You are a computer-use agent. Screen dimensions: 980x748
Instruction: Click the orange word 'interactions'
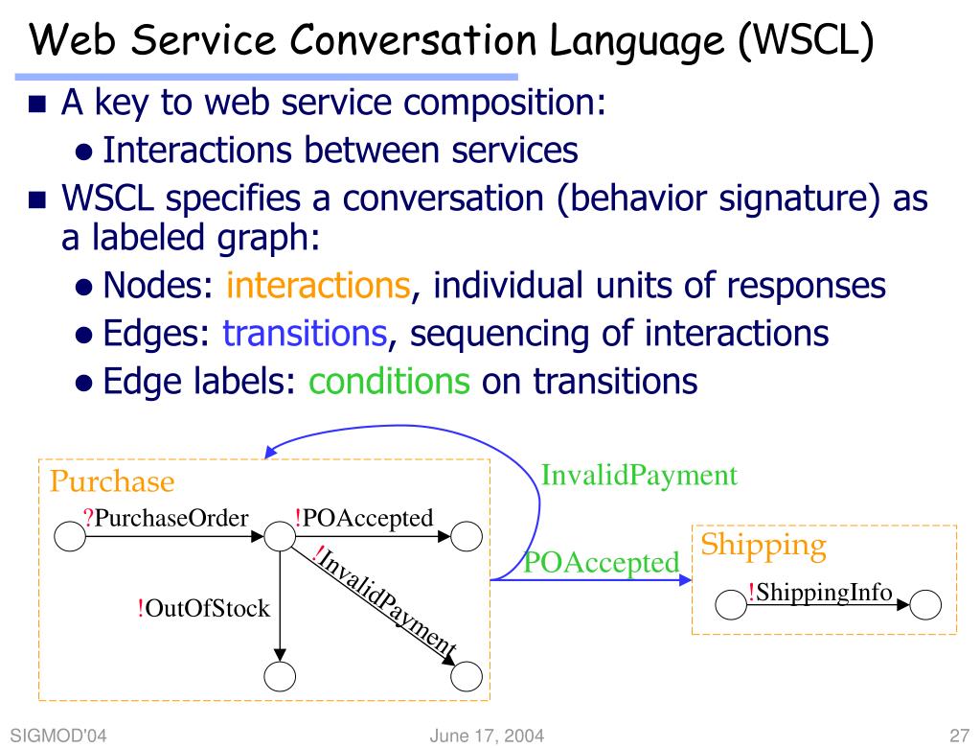coord(318,285)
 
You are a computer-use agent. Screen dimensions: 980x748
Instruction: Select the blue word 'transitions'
coord(305,333)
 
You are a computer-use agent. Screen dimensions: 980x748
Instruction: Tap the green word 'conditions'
coord(389,381)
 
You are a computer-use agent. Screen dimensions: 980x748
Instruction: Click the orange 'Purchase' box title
coord(112,481)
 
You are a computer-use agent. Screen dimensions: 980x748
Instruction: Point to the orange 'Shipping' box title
coord(763,546)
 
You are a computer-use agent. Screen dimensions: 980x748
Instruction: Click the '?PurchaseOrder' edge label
coord(166,518)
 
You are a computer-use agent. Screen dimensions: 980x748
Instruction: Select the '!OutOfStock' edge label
coord(204,608)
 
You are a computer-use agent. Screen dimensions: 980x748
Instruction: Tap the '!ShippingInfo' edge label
coord(820,592)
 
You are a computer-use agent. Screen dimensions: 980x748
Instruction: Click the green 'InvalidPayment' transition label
coord(639,476)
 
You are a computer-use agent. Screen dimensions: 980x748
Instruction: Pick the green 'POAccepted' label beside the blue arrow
coord(602,562)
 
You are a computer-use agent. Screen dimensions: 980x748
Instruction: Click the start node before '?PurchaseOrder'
coord(70,537)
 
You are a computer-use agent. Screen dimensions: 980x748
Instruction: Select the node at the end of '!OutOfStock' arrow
coord(280,677)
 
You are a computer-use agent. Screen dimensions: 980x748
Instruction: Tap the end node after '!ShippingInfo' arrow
coord(925,605)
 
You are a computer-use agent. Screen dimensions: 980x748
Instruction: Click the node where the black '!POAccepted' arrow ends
coord(467,537)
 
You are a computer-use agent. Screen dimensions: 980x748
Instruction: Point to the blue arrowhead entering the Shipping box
coord(685,580)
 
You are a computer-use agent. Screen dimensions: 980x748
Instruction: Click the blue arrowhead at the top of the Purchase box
coord(270,452)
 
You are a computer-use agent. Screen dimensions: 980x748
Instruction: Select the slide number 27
coord(959,736)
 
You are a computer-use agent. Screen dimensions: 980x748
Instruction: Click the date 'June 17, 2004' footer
coord(487,736)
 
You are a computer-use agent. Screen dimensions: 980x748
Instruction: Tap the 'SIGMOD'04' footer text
coord(58,736)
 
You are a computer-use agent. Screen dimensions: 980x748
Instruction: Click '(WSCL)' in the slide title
coord(806,40)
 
